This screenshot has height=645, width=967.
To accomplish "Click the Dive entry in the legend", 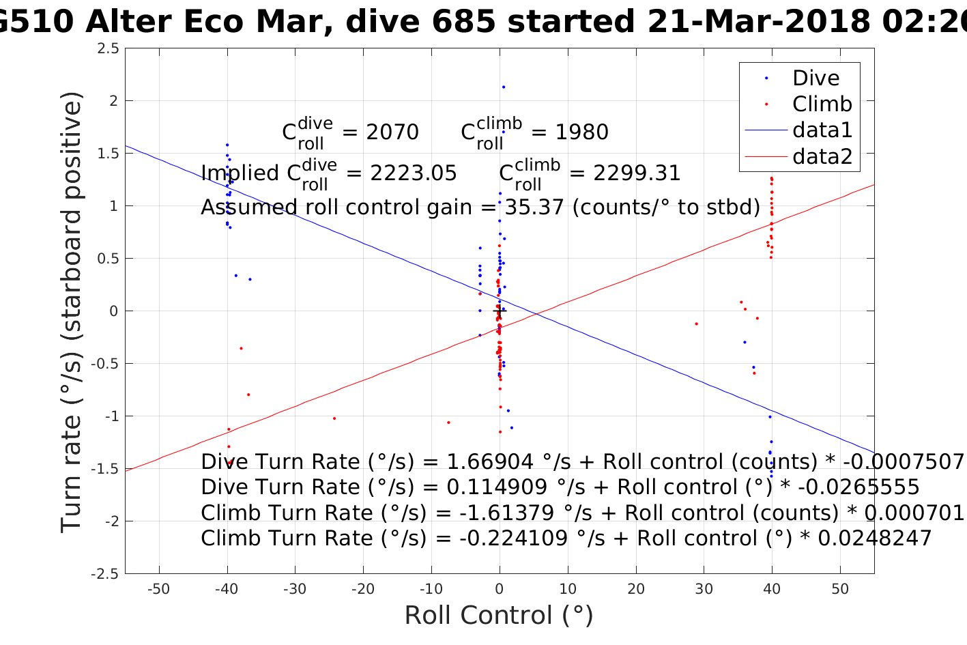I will [x=816, y=78].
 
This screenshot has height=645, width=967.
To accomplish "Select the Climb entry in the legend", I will [x=822, y=104].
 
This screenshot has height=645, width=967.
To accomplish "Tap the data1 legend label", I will [x=822, y=130].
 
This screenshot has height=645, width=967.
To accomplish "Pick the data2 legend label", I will [x=822, y=156].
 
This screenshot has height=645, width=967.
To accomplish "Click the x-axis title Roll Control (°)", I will [x=499, y=615].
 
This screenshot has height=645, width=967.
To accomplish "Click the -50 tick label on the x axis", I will [x=158, y=589].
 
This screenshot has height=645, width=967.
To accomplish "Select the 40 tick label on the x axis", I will [x=772, y=589].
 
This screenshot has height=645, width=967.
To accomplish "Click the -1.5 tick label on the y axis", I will [x=105, y=469].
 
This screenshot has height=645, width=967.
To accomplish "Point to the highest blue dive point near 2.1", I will [x=504, y=87].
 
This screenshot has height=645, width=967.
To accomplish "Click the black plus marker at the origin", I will [x=500, y=311].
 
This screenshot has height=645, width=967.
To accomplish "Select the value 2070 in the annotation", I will [x=392, y=132].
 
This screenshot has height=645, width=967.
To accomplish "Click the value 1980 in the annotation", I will [x=582, y=132].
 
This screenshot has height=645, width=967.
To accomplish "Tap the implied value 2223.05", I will [x=414, y=173].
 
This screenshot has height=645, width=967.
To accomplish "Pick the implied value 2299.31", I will [x=637, y=173].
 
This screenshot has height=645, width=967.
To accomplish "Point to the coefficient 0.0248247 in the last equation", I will [x=874, y=539].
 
